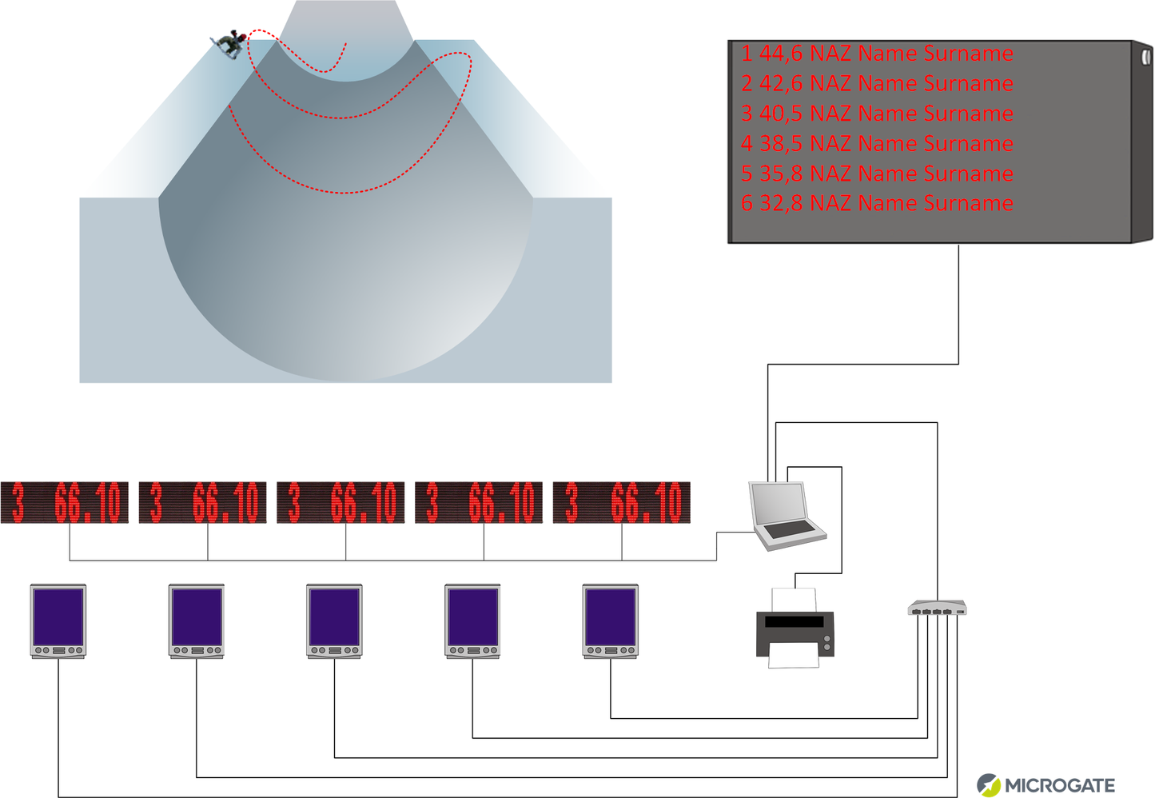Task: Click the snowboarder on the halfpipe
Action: point(228,45)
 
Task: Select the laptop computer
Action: point(786,515)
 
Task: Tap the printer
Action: point(795,629)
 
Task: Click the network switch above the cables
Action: point(937,608)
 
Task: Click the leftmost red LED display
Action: point(65,503)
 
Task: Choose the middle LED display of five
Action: point(341,503)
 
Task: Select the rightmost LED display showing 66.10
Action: point(621,503)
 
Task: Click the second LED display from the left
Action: point(203,503)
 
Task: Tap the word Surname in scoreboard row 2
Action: point(968,84)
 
